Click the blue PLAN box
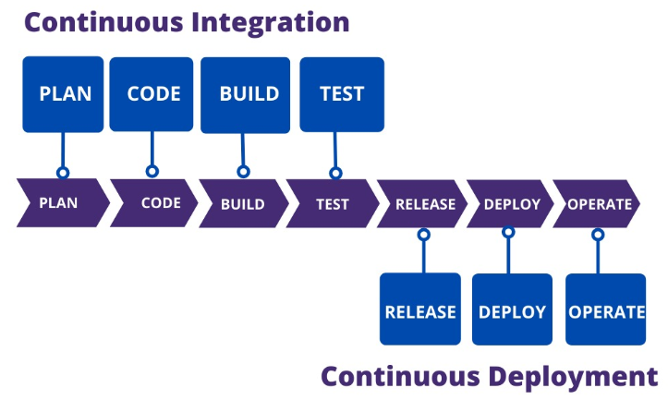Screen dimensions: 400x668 (x=63, y=94)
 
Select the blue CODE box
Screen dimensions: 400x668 (x=152, y=94)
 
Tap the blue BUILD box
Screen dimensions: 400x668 (x=243, y=94)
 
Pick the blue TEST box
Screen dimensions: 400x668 (x=341, y=94)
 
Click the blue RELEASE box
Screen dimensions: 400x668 (x=420, y=310)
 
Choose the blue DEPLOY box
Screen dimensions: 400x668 (x=512, y=310)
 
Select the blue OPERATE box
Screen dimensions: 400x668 (x=605, y=310)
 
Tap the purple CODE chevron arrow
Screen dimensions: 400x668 (x=155, y=203)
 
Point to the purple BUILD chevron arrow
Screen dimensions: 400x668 (x=242, y=203)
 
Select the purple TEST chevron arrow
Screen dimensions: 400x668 (x=331, y=203)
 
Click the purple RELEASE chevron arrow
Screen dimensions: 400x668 (x=422, y=203)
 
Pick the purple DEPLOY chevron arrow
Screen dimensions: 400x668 (x=511, y=203)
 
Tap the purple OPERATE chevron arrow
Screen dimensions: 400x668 (x=598, y=203)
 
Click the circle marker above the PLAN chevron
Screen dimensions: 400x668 (x=63, y=173)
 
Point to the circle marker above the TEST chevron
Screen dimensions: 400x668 (x=336, y=173)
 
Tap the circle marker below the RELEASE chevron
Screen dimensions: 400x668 (x=423, y=235)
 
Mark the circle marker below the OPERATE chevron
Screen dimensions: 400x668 (x=598, y=235)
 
